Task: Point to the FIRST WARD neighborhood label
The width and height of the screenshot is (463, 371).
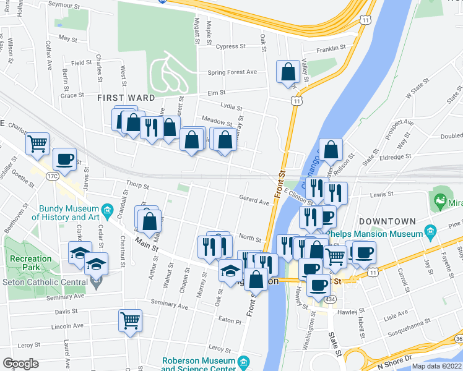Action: pos(126,98)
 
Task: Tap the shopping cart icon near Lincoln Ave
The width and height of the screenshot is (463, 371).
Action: pos(130,320)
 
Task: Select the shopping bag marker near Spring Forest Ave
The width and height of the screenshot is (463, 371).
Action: pos(288,72)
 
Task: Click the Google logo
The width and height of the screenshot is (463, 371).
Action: pos(20,364)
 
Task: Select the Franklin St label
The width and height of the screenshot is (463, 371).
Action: pos(331,48)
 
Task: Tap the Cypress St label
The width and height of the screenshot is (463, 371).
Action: pos(231,46)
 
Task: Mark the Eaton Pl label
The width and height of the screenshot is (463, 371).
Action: pos(228,322)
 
